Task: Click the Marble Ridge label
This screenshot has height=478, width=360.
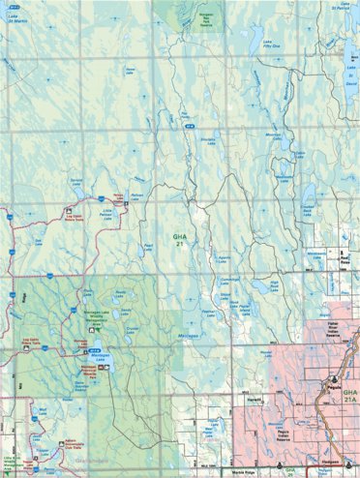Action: pos(229,472)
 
